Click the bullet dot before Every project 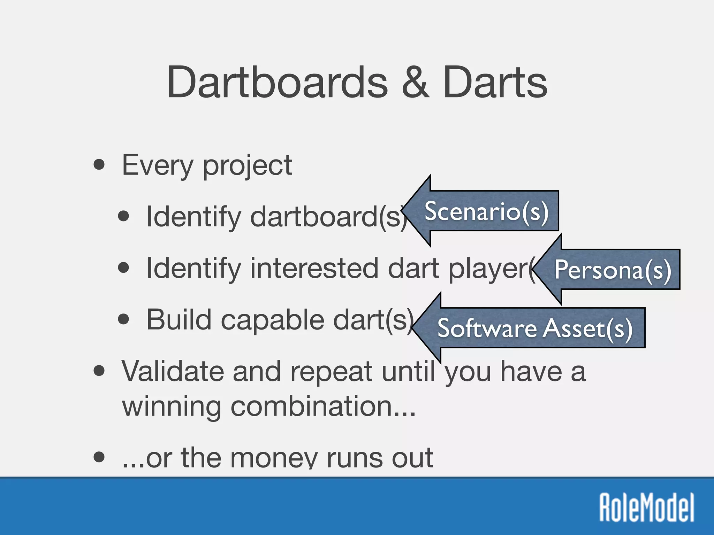point(99,164)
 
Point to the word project point(247,166)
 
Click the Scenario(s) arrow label point(486,211)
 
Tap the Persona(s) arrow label point(613,270)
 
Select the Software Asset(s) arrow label point(534,328)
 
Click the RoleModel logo point(647,507)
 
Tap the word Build point(179,319)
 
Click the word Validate point(173,371)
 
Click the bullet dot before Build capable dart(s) point(123,319)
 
